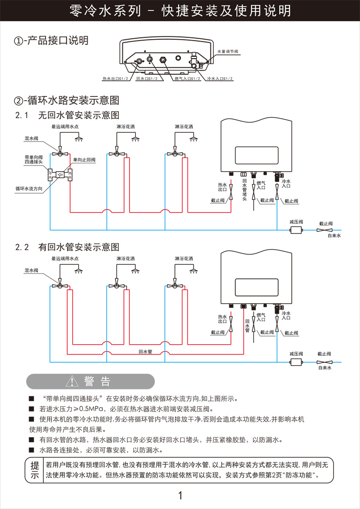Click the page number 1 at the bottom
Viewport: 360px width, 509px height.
click(180, 496)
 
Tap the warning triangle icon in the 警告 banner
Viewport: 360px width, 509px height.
click(73, 382)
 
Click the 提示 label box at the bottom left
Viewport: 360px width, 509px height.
click(35, 470)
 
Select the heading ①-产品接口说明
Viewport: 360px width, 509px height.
click(51, 41)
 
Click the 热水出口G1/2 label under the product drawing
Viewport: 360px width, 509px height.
click(115, 79)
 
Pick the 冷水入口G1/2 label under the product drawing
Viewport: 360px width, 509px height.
click(220, 79)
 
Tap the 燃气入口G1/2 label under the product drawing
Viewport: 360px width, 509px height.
click(187, 79)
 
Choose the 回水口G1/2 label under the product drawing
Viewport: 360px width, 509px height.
click(146, 79)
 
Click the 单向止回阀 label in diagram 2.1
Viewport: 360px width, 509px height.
click(84, 160)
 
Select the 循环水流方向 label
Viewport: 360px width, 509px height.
click(29, 188)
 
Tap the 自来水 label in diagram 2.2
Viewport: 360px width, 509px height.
click(325, 368)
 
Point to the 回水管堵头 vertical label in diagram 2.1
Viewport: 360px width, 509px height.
click(245, 190)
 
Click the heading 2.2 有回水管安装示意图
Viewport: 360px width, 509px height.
click(67, 247)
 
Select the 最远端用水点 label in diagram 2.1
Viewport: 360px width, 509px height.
click(65, 126)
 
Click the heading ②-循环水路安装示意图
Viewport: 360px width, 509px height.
click(67, 100)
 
